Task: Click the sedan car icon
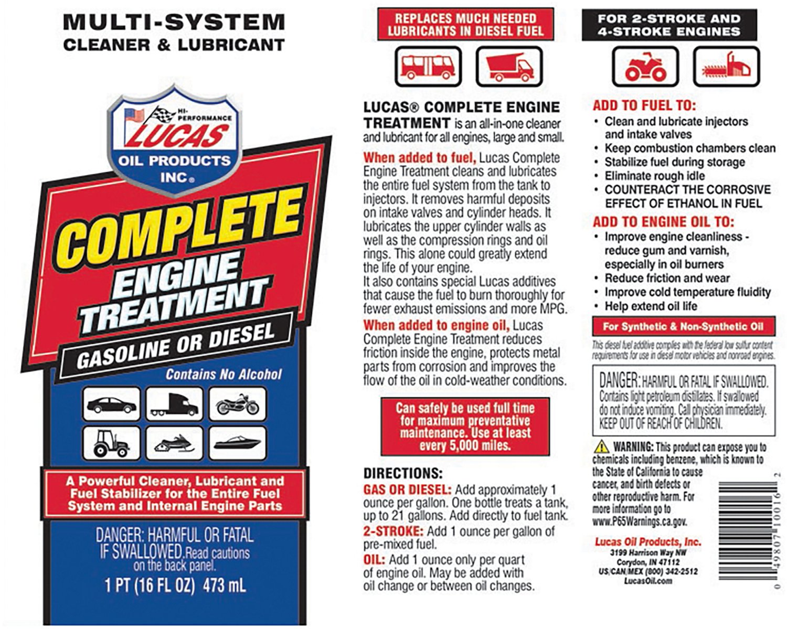click(x=111, y=404)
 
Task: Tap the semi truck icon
click(x=174, y=404)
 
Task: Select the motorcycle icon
click(x=237, y=404)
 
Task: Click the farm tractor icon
click(x=111, y=444)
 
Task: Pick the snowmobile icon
click(x=174, y=444)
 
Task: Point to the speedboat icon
click(x=237, y=444)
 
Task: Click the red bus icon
click(x=428, y=67)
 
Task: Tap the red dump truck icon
click(x=508, y=67)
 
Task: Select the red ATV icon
click(x=645, y=67)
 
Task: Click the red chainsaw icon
click(x=726, y=67)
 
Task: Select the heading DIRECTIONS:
click(x=403, y=473)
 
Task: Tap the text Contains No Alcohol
click(x=224, y=375)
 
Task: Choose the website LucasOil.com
click(x=647, y=581)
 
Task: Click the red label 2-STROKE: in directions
click(x=393, y=531)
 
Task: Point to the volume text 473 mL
click(x=224, y=585)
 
